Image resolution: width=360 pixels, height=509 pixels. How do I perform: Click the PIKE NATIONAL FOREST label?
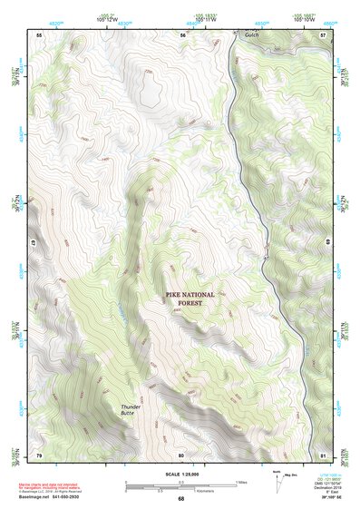click(x=190, y=299)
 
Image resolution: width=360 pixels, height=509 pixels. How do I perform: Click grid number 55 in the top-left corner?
click(x=39, y=34)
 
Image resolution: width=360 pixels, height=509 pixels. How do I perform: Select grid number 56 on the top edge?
click(x=182, y=34)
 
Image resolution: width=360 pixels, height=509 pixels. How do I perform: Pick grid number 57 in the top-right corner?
click(x=323, y=34)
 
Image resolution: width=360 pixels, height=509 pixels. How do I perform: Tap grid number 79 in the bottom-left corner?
click(x=39, y=454)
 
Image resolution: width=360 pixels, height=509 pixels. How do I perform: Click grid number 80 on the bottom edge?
click(x=181, y=454)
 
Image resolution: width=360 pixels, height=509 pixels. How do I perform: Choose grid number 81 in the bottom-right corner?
click(x=323, y=454)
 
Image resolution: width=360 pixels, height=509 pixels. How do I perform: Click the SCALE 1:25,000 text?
click(x=180, y=474)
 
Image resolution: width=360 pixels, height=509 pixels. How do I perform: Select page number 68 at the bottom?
click(x=180, y=499)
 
